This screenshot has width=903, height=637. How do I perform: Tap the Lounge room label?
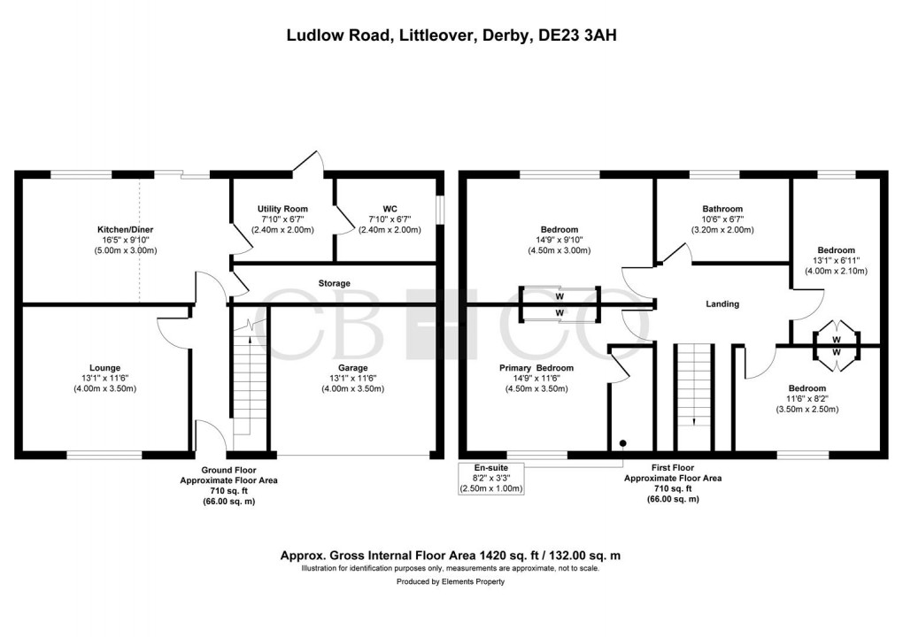[x=104, y=368]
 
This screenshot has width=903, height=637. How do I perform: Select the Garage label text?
[x=352, y=368]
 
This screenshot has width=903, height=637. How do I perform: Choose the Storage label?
[x=335, y=283]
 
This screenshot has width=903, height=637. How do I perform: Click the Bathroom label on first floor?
[x=722, y=209]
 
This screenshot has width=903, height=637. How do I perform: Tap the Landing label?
[x=722, y=304]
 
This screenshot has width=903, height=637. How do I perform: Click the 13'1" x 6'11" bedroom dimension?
[x=836, y=260]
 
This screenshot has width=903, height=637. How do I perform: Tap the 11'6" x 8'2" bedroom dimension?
[x=807, y=399]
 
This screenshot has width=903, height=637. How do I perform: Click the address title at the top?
[x=451, y=35]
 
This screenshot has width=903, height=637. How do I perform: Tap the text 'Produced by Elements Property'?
[x=451, y=581]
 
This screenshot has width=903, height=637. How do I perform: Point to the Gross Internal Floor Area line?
[x=451, y=555]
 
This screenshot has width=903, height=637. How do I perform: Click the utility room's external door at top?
[x=309, y=164]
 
